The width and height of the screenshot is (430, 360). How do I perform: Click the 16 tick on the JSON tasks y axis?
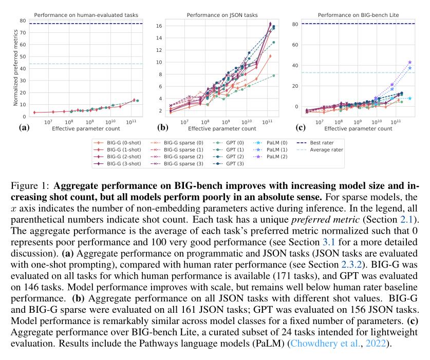pos(159,26)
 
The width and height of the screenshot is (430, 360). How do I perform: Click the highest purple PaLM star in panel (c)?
pos(410,62)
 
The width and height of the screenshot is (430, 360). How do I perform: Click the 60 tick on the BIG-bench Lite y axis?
pos(296,45)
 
